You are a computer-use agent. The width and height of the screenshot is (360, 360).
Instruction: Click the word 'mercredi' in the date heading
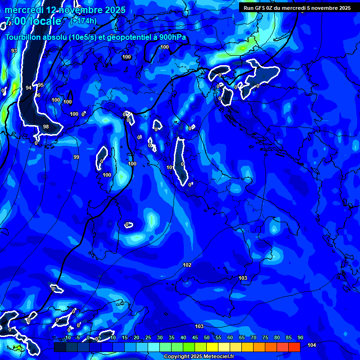(23, 10)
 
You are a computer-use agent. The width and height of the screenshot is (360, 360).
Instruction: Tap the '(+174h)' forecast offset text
(83, 21)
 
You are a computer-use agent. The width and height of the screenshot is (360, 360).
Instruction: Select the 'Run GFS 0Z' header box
(297, 7)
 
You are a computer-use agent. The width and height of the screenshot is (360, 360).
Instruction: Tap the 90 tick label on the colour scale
(300, 338)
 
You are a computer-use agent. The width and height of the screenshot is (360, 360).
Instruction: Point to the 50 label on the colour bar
(207, 338)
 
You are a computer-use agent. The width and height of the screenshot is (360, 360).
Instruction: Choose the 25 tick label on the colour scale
(148, 338)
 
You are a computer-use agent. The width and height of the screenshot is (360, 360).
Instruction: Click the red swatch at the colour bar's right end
(294, 347)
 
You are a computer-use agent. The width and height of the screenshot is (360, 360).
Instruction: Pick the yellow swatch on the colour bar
(212, 347)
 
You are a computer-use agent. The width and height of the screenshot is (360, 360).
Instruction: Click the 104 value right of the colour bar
(312, 345)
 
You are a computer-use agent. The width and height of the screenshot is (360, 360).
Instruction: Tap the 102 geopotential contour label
(187, 265)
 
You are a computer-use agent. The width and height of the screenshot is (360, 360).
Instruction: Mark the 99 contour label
(76, 157)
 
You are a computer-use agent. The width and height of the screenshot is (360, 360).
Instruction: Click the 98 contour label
(46, 127)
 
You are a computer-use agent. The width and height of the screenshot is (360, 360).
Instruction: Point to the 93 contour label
(14, 51)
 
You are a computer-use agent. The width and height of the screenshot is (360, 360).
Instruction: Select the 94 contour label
(29, 88)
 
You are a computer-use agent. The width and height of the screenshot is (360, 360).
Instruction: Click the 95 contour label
(41, 85)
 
